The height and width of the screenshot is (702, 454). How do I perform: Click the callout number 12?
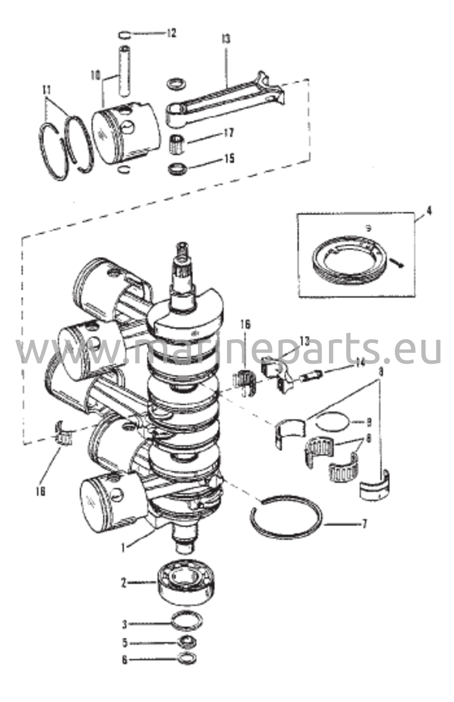tap(171, 33)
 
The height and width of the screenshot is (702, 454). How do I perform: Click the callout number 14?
tap(359, 364)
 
